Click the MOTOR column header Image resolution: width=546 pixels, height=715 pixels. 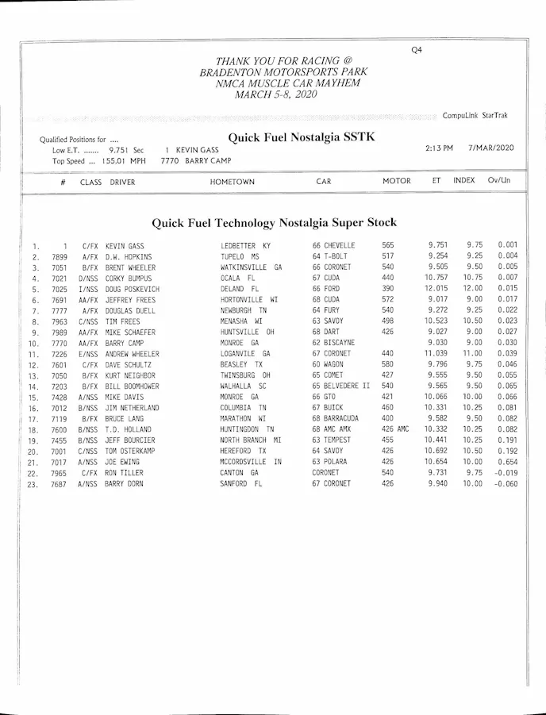(396, 181)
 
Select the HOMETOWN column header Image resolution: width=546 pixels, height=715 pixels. (233, 182)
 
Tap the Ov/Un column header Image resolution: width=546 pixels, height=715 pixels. (499, 181)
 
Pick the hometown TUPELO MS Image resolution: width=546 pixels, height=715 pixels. (240, 256)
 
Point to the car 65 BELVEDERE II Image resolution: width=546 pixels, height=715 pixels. (340, 386)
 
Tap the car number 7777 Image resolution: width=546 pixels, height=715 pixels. (60, 310)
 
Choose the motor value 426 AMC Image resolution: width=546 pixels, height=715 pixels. (395, 429)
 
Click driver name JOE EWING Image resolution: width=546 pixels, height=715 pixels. (122, 462)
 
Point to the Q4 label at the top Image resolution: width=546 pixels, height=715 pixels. (417, 50)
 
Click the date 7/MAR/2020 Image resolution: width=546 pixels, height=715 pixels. (491, 148)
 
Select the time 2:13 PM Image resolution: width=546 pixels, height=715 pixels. (439, 148)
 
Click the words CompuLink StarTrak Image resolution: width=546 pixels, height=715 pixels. (475, 116)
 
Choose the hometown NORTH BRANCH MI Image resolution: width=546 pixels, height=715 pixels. (251, 440)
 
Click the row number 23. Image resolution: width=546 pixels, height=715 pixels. (33, 484)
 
